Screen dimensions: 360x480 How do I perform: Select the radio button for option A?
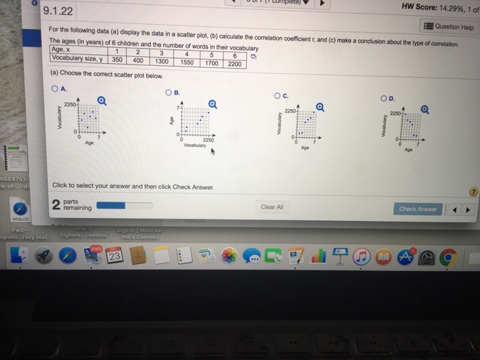(x=53, y=88)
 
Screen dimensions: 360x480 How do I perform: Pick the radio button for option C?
(x=277, y=95)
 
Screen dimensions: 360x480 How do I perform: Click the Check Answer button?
(x=418, y=209)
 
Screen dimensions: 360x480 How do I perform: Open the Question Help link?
(x=450, y=27)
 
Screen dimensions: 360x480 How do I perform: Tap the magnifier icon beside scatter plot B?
(x=213, y=104)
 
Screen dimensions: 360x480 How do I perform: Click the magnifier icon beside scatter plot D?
(x=425, y=108)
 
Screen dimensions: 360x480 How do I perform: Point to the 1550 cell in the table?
(x=187, y=62)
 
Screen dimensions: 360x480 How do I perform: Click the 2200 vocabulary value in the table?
(x=235, y=64)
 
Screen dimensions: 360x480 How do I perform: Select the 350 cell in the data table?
(x=117, y=59)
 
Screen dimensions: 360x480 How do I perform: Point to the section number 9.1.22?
(x=58, y=11)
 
